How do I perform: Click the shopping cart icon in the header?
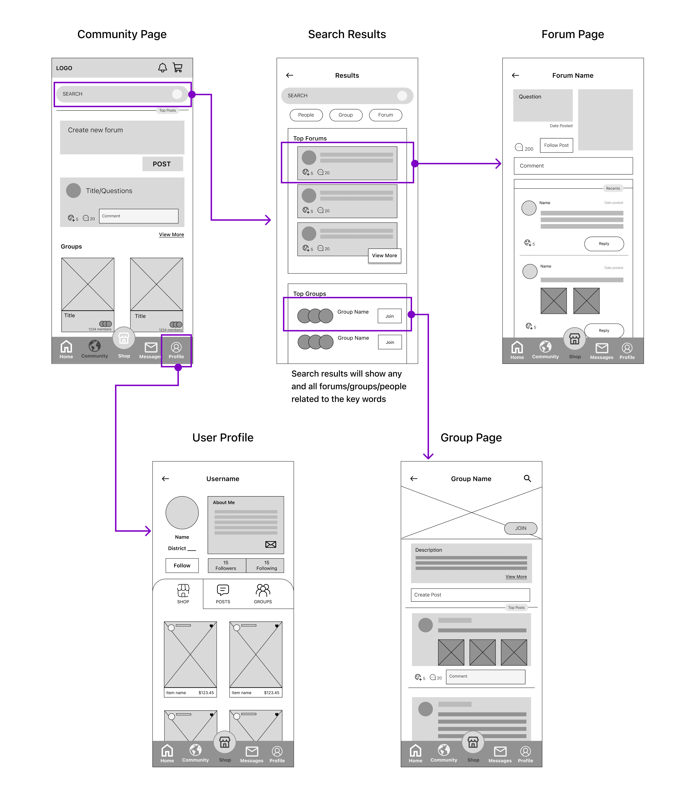178,68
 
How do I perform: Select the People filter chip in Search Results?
306,115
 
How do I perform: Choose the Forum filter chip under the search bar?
385,115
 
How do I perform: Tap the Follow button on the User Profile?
182,566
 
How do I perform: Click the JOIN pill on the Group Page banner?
520,528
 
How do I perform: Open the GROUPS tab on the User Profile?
263,594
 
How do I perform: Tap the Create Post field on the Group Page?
470,595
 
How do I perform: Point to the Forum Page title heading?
572,35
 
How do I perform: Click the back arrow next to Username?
165,479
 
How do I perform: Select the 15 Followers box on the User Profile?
226,566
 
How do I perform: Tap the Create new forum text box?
122,137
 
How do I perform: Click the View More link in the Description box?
516,577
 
